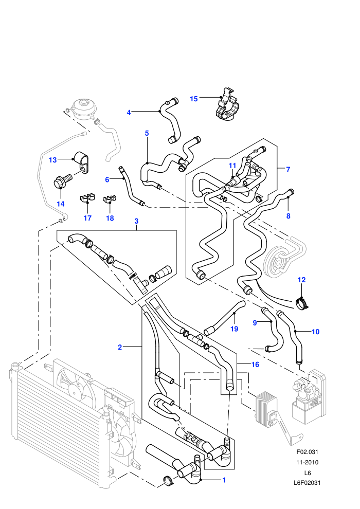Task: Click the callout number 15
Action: [x=193, y=99]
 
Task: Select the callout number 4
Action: [x=129, y=113]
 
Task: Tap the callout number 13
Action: [x=52, y=160]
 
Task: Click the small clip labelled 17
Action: [x=87, y=198]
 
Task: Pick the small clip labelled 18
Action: [x=110, y=198]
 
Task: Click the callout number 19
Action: [x=234, y=329]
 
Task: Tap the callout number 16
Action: [x=255, y=365]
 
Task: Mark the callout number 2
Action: [x=120, y=348]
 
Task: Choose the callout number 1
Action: [x=224, y=480]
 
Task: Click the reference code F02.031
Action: [x=307, y=452]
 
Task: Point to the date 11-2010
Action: [x=307, y=462]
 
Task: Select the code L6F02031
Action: [x=307, y=483]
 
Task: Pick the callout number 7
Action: [x=288, y=169]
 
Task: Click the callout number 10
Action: [x=316, y=332]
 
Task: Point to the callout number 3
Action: [x=136, y=221]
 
